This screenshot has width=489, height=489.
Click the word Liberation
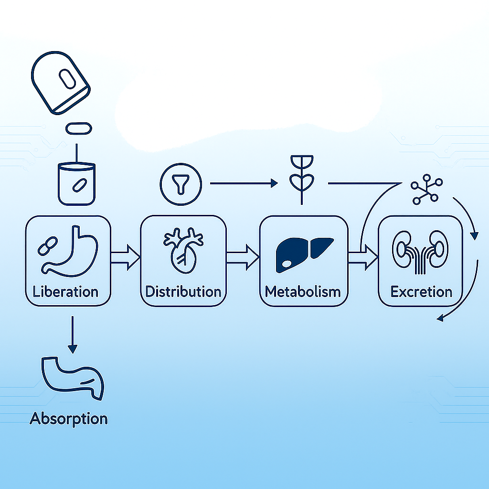pyautogui.click(x=65, y=292)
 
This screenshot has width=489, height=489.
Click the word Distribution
pyautogui.click(x=183, y=292)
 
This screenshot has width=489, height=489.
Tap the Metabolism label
pyautogui.click(x=303, y=292)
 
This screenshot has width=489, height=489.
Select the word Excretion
pyautogui.click(x=421, y=292)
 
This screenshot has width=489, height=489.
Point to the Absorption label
pyautogui.click(x=69, y=419)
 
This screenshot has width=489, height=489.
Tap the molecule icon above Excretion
pyautogui.click(x=426, y=190)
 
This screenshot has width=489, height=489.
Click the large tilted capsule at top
pyautogui.click(x=61, y=83)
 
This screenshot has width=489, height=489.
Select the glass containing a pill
pyautogui.click(x=77, y=184)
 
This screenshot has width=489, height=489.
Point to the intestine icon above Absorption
pyautogui.click(x=73, y=378)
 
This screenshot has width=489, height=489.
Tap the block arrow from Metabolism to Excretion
pyautogui.click(x=363, y=257)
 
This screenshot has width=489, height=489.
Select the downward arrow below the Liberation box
pyautogui.click(x=73, y=335)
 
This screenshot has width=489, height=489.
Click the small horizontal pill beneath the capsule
pyautogui.click(x=79, y=128)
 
